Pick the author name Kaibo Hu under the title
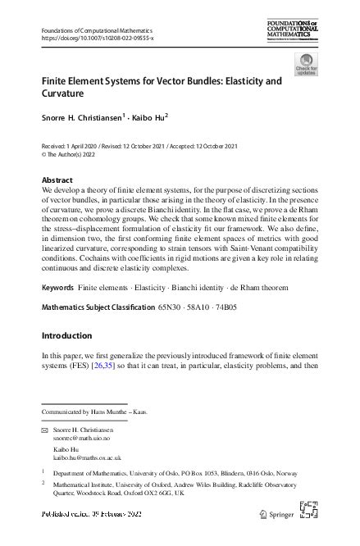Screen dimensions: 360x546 (148, 117)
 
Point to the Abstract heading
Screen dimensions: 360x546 (57, 180)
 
